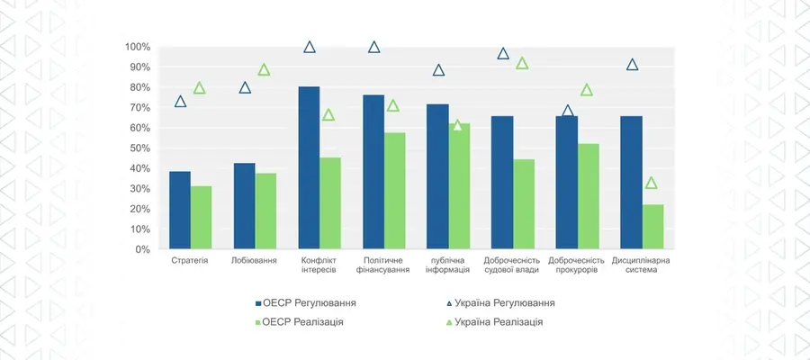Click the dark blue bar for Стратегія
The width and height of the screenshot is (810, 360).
click(x=180, y=211)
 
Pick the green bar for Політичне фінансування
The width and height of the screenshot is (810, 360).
click(x=394, y=191)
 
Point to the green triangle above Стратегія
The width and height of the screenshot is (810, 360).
click(x=200, y=88)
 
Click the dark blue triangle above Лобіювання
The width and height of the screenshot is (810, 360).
click(x=245, y=87)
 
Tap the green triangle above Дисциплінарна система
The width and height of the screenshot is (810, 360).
click(x=652, y=183)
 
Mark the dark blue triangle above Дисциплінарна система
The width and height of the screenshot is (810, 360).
click(x=633, y=64)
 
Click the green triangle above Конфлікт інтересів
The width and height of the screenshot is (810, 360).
click(x=328, y=114)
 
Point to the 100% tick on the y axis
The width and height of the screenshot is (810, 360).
click(x=138, y=47)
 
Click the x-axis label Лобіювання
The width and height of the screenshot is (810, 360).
click(x=255, y=260)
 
